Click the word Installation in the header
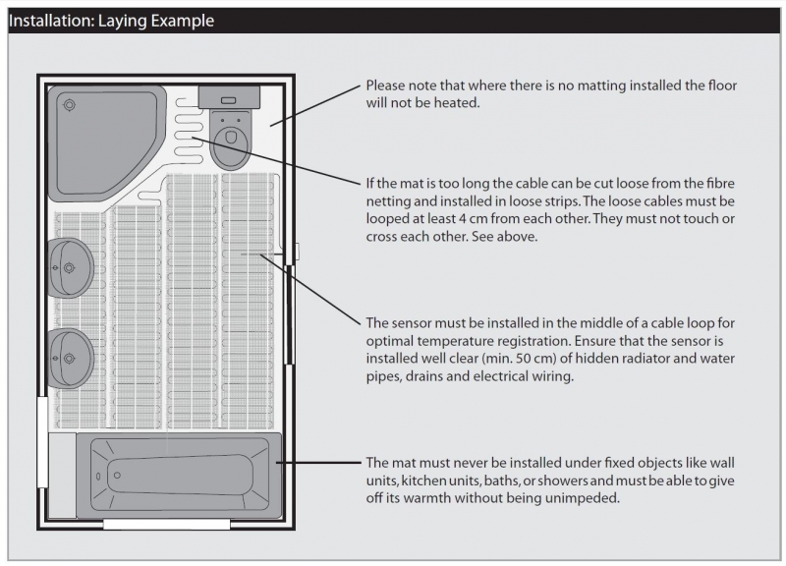pos(49,20)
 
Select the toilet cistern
pos(228,97)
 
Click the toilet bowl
pos(230,141)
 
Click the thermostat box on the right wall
pos(292,254)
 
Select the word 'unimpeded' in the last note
pos(587,498)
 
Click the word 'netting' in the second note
pos(387,204)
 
